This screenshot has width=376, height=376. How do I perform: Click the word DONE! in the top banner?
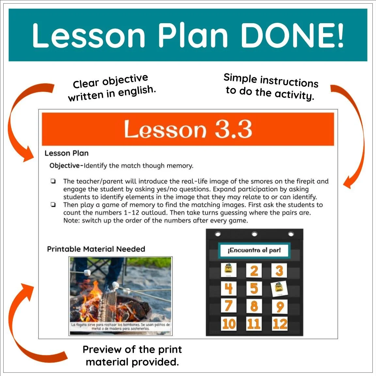click(292, 35)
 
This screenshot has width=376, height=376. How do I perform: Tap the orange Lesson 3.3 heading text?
click(188, 129)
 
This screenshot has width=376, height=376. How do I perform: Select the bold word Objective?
click(65, 166)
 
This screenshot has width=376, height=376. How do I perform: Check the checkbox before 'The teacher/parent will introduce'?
click(53, 181)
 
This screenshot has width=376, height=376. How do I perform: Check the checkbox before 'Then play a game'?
click(53, 205)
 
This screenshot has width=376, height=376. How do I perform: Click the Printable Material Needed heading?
click(96, 249)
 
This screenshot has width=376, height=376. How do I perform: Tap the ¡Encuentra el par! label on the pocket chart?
click(254, 250)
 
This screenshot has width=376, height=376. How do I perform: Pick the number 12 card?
click(280, 324)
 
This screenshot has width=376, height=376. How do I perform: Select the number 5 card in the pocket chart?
click(254, 288)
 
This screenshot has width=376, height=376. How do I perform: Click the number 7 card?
click(228, 306)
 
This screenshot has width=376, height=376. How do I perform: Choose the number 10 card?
click(228, 324)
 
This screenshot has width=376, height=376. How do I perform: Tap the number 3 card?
click(279, 271)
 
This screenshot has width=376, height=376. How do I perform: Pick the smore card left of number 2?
click(228, 270)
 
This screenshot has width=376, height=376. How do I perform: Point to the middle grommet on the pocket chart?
click(255, 234)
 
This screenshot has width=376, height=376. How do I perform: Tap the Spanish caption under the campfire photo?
click(120, 327)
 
